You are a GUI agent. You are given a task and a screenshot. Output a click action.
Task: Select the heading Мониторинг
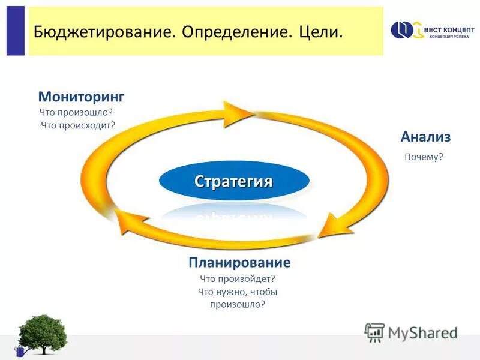click(81, 97)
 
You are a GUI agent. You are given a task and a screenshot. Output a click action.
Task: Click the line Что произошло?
click(76, 112)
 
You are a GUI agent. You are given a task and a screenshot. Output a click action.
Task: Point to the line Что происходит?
click(78, 125)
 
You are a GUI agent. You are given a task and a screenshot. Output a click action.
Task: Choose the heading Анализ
click(425, 137)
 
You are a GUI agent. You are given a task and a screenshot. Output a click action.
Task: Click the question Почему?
click(424, 157)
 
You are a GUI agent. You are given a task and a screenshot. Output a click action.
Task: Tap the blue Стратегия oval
click(234, 181)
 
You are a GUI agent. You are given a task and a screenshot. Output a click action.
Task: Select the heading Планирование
click(239, 263)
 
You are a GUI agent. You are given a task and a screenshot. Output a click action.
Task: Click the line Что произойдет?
click(237, 279)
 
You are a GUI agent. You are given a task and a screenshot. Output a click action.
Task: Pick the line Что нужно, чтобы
click(237, 292)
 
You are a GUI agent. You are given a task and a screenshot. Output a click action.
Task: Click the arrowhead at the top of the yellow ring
click(240, 112)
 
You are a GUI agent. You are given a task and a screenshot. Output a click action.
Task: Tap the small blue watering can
click(20, 351)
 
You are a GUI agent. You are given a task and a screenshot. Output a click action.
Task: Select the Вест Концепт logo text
click(450, 29)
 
